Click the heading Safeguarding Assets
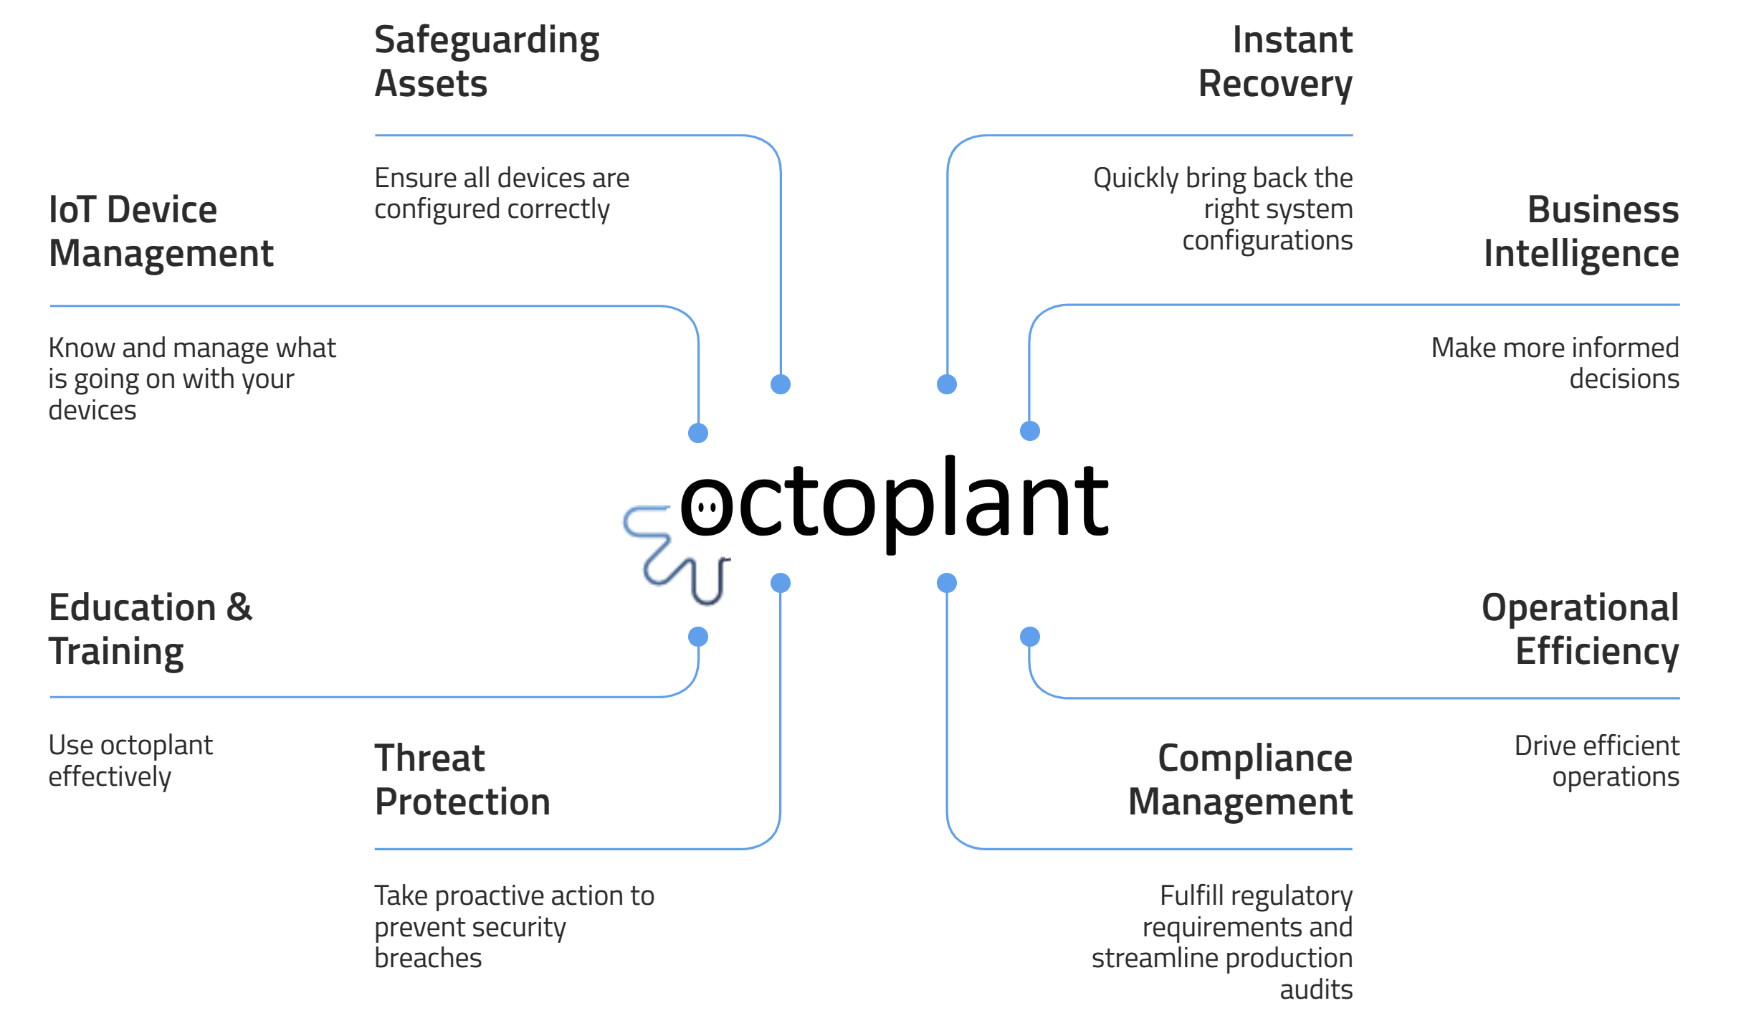(x=487, y=62)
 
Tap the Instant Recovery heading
(x=1275, y=62)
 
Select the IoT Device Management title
(x=161, y=232)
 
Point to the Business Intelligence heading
(x=1581, y=232)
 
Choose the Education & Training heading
(x=151, y=629)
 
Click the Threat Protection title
(x=462, y=779)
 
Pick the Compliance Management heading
(x=1240, y=779)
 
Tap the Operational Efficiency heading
(x=1581, y=629)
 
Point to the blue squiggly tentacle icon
(x=677, y=555)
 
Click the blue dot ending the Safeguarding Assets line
(x=781, y=384)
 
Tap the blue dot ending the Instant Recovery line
(x=947, y=384)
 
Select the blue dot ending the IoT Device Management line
(x=698, y=433)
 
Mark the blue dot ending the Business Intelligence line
(x=1030, y=431)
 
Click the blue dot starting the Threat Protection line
(x=781, y=583)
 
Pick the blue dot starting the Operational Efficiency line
(x=1030, y=637)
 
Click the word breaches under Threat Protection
(x=428, y=958)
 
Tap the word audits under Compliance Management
(x=1316, y=989)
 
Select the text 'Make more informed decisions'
(x=1555, y=363)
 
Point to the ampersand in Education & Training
(x=239, y=607)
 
